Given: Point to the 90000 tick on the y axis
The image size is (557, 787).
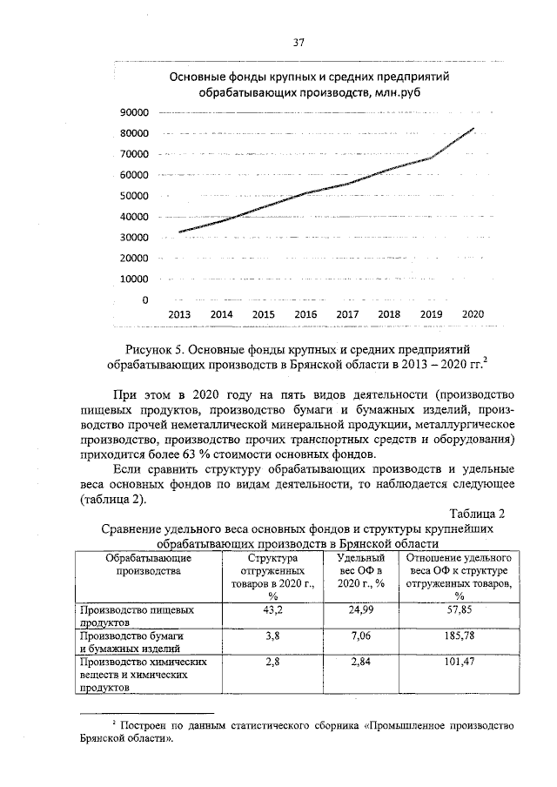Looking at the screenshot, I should (133, 113).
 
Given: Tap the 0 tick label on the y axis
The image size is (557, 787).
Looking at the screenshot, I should (144, 300).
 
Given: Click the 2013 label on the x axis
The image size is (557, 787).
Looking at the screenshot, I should (179, 314).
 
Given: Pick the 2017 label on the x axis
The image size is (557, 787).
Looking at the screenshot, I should (346, 314).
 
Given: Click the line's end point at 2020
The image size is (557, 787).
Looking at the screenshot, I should (474, 129).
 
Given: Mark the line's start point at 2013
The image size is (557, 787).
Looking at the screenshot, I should (179, 232).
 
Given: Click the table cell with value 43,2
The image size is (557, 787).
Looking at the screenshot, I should (272, 611).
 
